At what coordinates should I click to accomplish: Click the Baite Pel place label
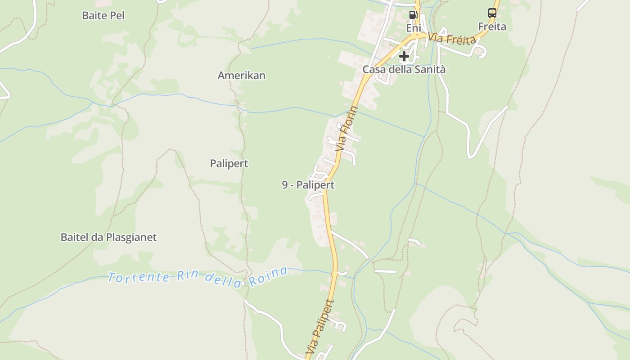[x=103, y=15]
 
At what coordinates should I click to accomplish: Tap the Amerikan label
[x=241, y=76]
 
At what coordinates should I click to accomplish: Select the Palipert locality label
[x=229, y=163]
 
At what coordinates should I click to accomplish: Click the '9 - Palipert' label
[x=308, y=185]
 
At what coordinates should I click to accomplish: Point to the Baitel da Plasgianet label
[x=108, y=237]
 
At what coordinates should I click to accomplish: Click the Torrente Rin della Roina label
[x=198, y=275]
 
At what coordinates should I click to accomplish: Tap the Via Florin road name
[x=348, y=128]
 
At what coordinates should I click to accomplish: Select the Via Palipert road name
[x=320, y=326]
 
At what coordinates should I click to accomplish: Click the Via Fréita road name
[x=452, y=39]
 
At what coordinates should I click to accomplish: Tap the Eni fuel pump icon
[x=413, y=15]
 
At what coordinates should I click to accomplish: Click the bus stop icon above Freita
[x=492, y=13]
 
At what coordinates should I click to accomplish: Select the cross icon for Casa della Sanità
[x=404, y=56]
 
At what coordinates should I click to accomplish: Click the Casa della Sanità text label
[x=404, y=70]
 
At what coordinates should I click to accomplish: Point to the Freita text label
[x=492, y=27]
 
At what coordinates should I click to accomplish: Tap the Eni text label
[x=413, y=28]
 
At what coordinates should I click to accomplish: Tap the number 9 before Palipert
[x=285, y=185]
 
